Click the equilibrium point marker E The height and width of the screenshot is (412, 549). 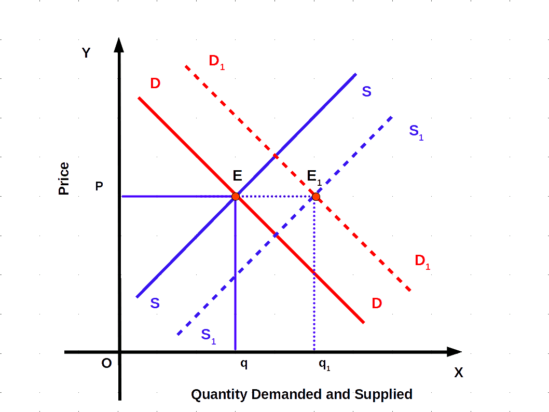[236, 196]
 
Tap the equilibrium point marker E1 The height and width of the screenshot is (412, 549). [316, 197]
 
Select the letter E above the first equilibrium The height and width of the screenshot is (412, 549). [237, 175]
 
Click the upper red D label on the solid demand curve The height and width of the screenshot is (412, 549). [155, 83]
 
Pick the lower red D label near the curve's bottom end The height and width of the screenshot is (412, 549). [377, 303]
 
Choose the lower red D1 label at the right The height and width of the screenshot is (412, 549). [422, 262]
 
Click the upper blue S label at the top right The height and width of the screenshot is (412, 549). [367, 92]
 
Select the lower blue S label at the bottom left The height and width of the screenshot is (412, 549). [155, 303]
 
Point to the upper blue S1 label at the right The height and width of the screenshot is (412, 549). [416, 131]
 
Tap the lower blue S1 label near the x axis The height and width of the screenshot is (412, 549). [208, 335]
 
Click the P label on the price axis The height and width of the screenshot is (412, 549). [99, 186]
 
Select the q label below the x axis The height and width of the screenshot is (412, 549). [244, 364]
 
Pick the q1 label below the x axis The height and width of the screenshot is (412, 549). [324, 364]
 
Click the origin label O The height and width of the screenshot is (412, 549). [106, 363]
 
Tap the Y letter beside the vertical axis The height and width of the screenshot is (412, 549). [86, 53]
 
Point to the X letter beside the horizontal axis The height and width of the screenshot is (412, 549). [459, 373]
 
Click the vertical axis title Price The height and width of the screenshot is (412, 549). [64, 179]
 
